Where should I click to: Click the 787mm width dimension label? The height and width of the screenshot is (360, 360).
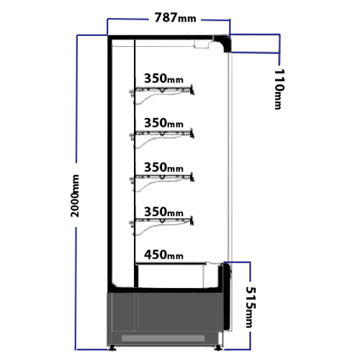[175, 18]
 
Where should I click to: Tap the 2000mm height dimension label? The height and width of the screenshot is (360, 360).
[75, 196]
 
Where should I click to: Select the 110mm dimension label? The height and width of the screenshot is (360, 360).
[279, 89]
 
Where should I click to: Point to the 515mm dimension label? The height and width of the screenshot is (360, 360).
[251, 307]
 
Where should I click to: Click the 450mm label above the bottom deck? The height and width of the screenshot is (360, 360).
[163, 255]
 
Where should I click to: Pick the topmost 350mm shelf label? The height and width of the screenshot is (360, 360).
[163, 78]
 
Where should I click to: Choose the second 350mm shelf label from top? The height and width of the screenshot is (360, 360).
[163, 123]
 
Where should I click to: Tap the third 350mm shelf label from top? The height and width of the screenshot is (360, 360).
[163, 167]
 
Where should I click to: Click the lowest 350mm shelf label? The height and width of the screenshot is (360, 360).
[163, 212]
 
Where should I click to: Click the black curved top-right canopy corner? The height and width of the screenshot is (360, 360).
[225, 41]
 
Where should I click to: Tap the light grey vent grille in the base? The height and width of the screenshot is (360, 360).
[163, 338]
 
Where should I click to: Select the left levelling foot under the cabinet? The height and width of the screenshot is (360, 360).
[112, 348]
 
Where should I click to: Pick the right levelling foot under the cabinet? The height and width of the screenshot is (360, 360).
[218, 348]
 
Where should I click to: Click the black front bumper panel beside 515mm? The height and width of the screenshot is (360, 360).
[227, 297]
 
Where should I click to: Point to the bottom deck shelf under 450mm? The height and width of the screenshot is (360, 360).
[171, 264]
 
